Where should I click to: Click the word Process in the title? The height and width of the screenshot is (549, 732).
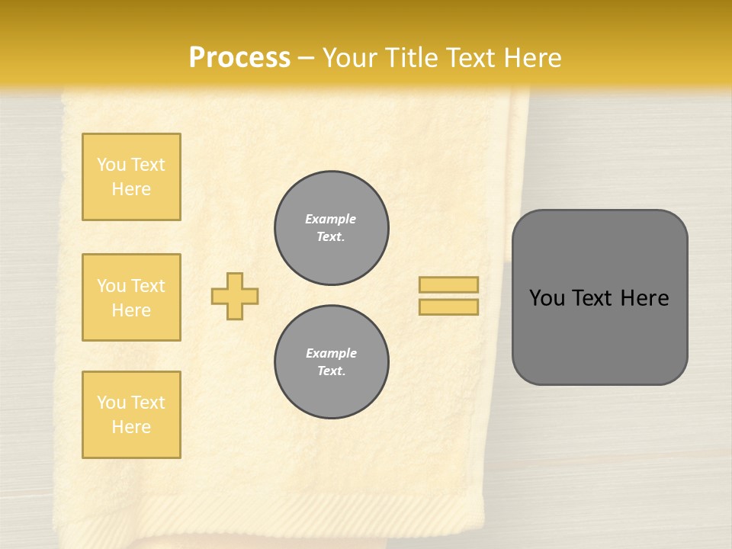(239, 58)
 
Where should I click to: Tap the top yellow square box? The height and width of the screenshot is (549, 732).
(131, 177)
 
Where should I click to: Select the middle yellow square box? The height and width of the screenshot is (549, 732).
(131, 297)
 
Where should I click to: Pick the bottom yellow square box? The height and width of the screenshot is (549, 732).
(131, 415)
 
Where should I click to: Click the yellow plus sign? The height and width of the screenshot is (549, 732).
(235, 296)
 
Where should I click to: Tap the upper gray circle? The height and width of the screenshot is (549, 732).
(332, 228)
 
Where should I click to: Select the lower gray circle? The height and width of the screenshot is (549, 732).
(332, 362)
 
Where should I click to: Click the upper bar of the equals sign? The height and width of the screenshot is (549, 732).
(449, 284)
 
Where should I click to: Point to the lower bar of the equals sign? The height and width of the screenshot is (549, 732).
(449, 307)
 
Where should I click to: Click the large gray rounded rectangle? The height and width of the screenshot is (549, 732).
(599, 335)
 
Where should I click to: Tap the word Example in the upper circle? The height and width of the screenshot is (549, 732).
(331, 219)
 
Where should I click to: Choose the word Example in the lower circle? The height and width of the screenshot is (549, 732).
(331, 353)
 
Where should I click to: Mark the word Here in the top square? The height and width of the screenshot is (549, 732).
(131, 189)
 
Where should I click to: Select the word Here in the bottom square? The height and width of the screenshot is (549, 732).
(131, 427)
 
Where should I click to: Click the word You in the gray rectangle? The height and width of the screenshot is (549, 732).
(547, 298)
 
